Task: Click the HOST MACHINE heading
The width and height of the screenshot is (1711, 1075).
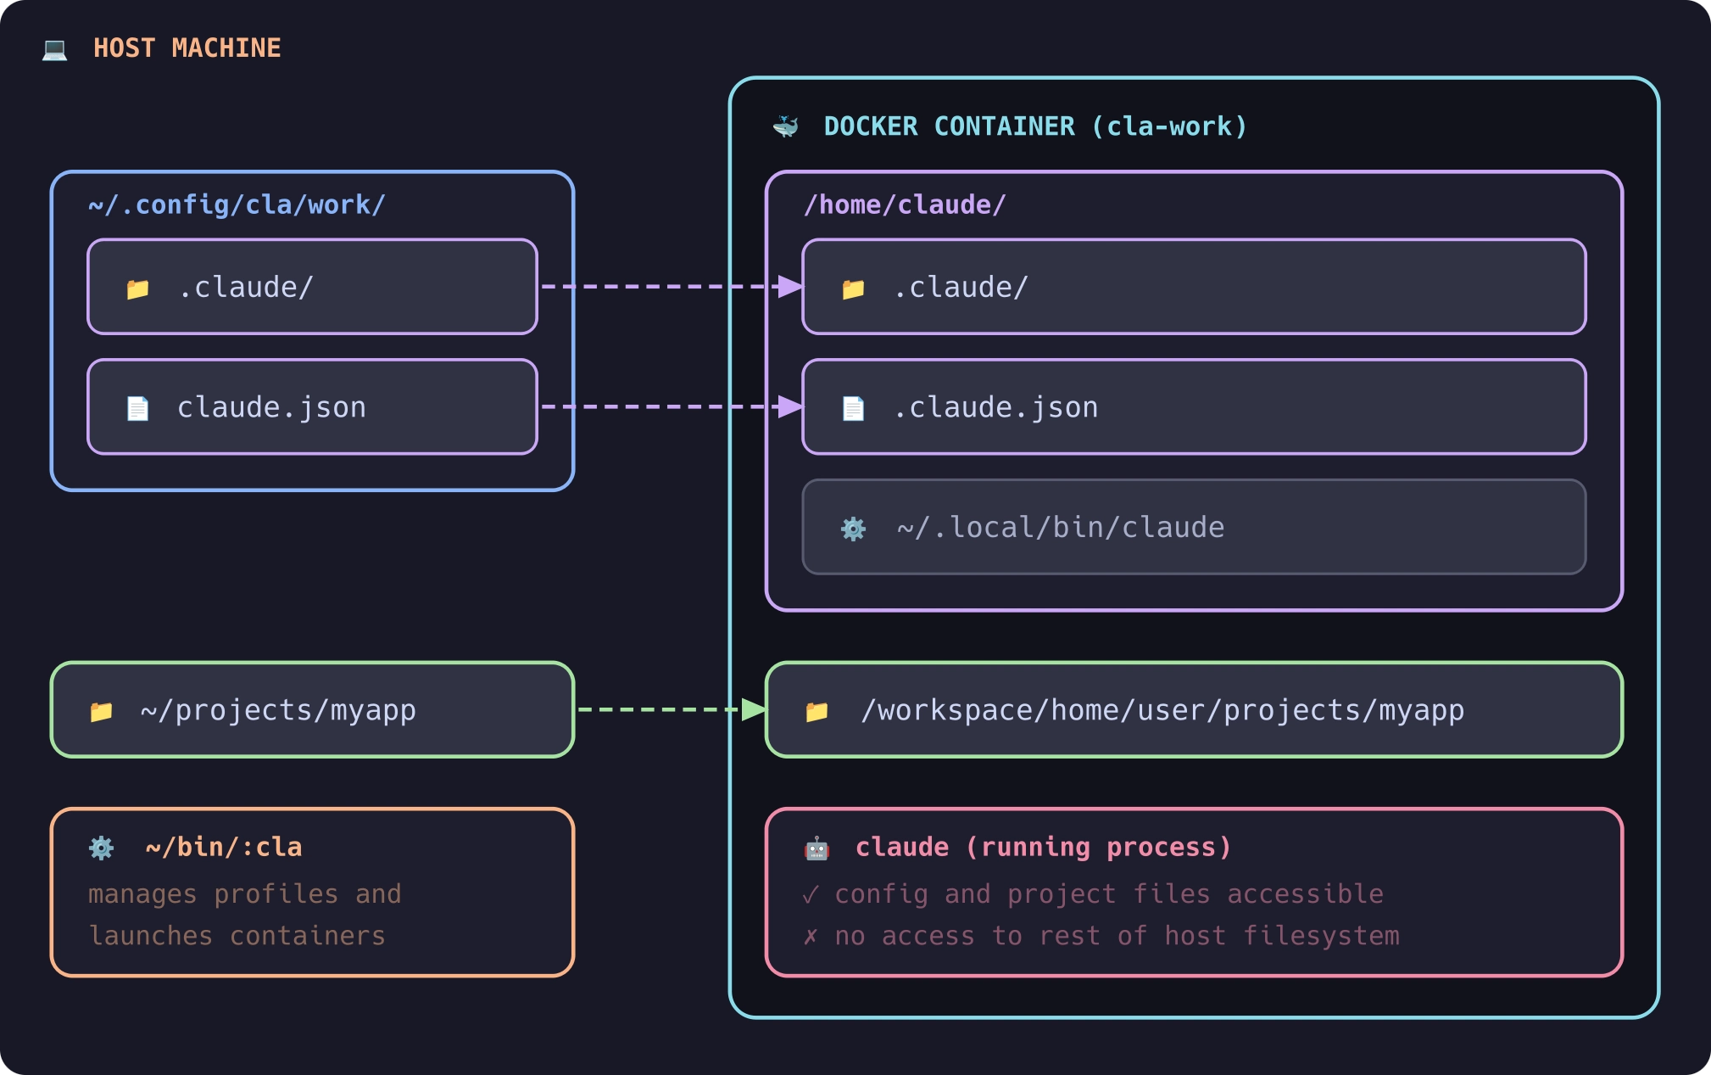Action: tap(187, 48)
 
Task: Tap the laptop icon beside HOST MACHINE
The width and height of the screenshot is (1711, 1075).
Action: tap(55, 50)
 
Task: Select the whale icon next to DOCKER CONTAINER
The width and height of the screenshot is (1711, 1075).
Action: tap(786, 127)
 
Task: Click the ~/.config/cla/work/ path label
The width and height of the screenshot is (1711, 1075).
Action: tap(237, 205)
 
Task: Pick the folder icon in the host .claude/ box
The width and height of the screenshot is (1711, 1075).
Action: tap(137, 289)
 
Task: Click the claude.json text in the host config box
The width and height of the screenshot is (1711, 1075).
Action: tap(271, 408)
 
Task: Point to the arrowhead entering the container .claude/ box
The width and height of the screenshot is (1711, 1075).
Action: tap(790, 287)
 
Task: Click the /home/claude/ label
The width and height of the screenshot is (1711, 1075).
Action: tap(904, 205)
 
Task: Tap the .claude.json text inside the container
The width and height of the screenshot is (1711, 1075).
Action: tap(995, 408)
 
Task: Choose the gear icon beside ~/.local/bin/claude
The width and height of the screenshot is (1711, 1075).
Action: tap(853, 529)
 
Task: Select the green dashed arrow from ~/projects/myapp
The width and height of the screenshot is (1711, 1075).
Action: tap(661, 709)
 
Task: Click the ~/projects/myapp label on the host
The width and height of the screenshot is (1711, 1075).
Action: tap(278, 710)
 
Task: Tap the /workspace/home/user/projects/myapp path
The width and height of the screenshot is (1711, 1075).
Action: tap(1162, 710)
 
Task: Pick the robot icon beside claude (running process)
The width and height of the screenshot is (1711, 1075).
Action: tap(816, 848)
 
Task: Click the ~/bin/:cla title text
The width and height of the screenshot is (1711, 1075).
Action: tap(224, 848)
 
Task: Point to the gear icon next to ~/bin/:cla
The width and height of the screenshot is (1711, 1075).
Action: tap(101, 848)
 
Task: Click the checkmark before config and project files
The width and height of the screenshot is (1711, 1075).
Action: tap(811, 895)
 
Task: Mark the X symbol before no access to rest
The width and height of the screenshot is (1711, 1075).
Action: tap(811, 937)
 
